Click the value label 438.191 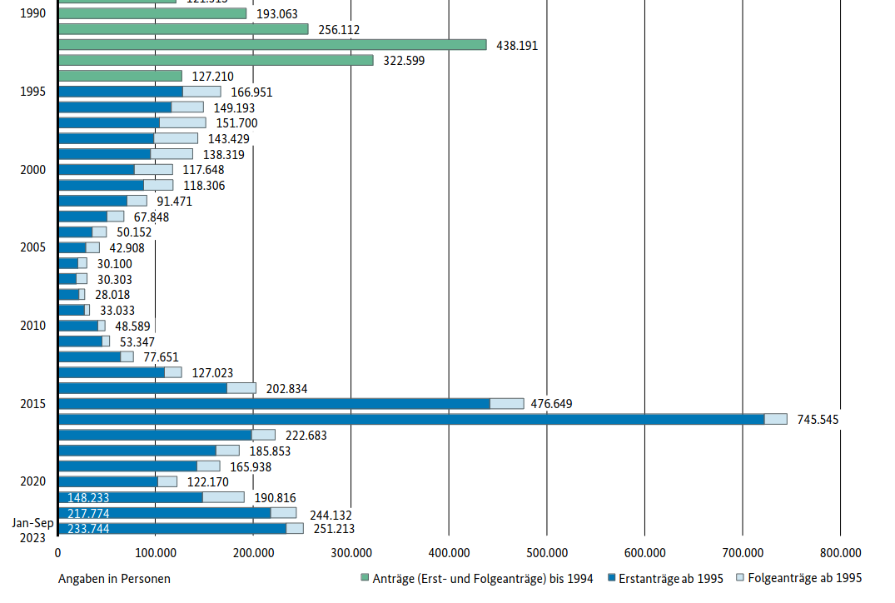tap(517, 45)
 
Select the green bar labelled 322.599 tap(216, 60)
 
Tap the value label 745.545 tap(818, 420)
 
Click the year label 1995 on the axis tap(32, 92)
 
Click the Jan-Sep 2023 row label tap(32, 530)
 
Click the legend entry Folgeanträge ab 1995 tap(804, 578)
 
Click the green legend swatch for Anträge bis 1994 tap(365, 578)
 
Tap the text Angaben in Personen tap(114, 578)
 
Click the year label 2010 tap(32, 326)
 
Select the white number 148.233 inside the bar tap(88, 497)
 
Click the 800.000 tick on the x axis tap(840, 552)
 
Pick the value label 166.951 tap(251, 92)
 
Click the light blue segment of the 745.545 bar tap(776, 419)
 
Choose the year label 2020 tap(32, 481)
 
